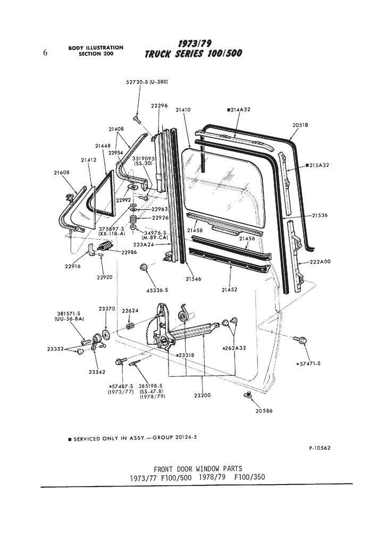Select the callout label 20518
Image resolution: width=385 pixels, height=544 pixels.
pyautogui.click(x=300, y=125)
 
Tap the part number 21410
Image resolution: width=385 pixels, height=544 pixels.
pyautogui.click(x=182, y=110)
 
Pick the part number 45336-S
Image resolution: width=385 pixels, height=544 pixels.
pyautogui.click(x=157, y=290)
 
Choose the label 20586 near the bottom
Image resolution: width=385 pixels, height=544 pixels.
pyautogui.click(x=264, y=411)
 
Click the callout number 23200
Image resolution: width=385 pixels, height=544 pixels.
pyautogui.click(x=203, y=395)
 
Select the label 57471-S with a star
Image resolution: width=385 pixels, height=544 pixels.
pyautogui.click(x=311, y=364)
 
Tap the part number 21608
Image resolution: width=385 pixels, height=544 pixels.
pyautogui.click(x=62, y=172)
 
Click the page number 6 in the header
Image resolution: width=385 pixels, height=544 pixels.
pyautogui.click(x=45, y=52)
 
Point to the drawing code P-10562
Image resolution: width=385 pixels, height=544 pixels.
pyautogui.click(x=320, y=448)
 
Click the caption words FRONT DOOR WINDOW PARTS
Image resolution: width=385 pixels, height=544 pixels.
pyautogui.click(x=197, y=469)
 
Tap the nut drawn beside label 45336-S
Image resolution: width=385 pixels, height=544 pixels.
pyautogui.click(x=144, y=267)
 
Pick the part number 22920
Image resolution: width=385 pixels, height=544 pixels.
pyautogui.click(x=104, y=277)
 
